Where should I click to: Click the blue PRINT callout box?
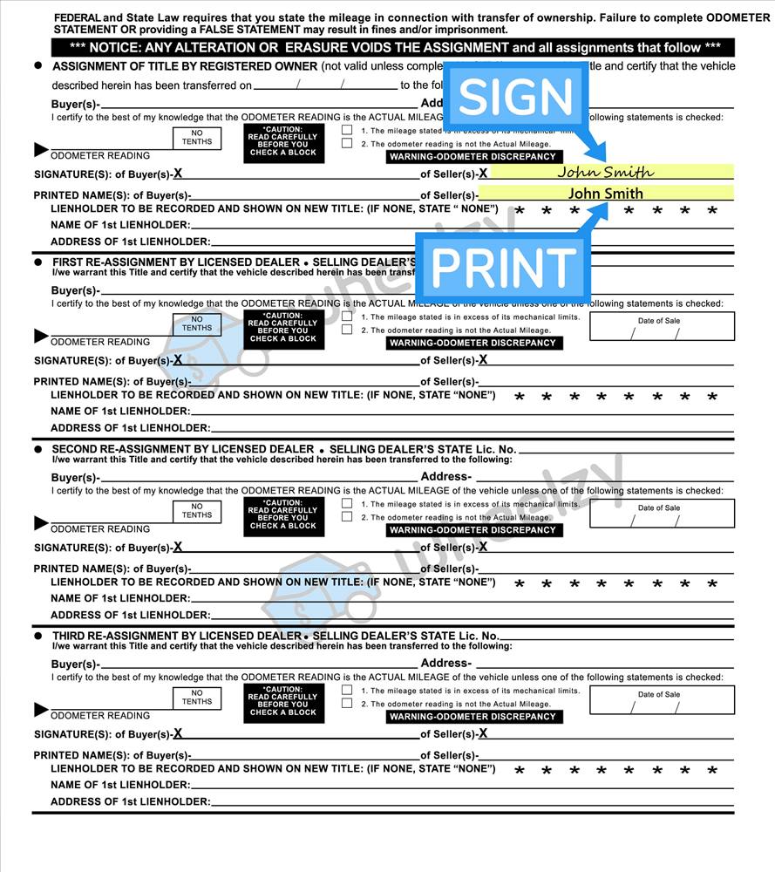pos(503,267)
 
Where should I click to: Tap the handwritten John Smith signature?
pos(605,172)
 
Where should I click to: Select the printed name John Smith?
pos(605,194)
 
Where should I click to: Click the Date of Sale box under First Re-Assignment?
pos(661,326)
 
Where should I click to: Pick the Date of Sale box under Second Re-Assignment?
pos(661,513)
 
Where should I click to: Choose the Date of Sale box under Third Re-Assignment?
pos(661,699)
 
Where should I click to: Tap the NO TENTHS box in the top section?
pos(197,138)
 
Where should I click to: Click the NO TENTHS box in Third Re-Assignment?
pos(197,697)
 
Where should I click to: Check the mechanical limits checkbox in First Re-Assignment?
pos(347,317)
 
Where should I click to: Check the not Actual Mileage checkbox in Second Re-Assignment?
pos(347,517)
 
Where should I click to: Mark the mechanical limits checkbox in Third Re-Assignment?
pos(347,690)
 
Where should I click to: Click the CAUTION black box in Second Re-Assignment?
pos(283,514)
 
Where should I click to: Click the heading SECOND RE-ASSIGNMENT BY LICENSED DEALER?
pos(182,449)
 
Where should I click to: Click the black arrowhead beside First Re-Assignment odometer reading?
pos(41,336)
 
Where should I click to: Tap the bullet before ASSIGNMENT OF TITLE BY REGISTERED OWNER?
pos(38,65)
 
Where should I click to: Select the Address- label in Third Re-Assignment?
pos(445,664)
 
